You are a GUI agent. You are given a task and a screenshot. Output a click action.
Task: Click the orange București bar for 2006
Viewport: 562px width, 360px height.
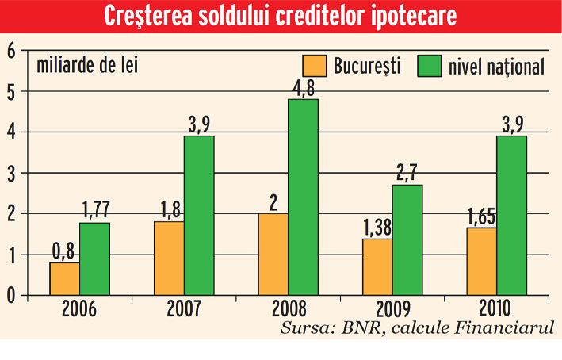[64, 278]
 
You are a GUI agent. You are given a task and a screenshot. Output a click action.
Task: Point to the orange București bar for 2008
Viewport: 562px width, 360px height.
[273, 254]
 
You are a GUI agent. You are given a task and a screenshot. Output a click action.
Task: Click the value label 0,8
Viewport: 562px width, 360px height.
[63, 251]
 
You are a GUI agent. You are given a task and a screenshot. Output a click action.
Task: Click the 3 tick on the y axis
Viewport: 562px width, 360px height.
[11, 173]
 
